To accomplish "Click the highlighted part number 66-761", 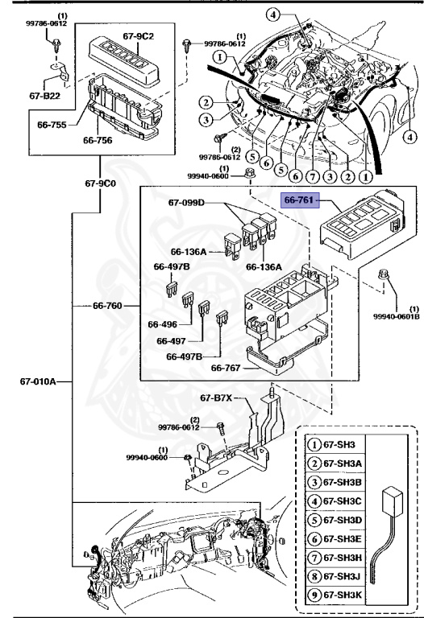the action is (x=298, y=200).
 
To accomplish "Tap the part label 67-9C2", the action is (x=138, y=36).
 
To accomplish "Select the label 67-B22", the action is (x=44, y=96).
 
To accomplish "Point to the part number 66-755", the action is (x=52, y=125).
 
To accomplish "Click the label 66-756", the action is (x=98, y=140).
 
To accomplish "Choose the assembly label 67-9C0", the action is (x=100, y=183).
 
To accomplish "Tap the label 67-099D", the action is (x=186, y=203).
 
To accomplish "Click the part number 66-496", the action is (x=162, y=324).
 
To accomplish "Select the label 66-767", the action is (x=226, y=368).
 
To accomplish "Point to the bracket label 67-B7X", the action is (x=216, y=398).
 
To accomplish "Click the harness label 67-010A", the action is (x=38, y=381).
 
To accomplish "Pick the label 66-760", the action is (x=107, y=306).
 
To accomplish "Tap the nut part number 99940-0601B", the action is (x=397, y=316).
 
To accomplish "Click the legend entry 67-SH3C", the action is (x=342, y=501).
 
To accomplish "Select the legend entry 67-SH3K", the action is (x=342, y=595).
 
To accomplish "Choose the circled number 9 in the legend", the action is (x=314, y=595).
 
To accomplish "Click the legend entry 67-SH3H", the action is (x=342, y=558).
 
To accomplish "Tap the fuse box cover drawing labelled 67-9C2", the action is (x=124, y=62).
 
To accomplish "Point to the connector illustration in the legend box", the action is (x=388, y=535).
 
